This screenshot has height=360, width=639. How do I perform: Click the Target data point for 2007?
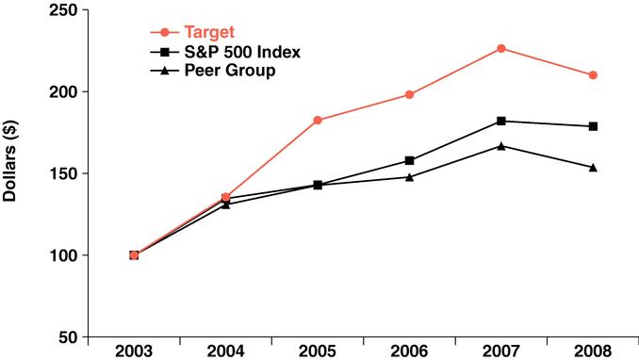pos(501,48)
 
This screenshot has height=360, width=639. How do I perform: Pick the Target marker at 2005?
pos(318,120)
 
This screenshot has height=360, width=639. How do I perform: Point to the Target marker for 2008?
pos(593,75)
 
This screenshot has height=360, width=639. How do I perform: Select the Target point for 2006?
pos(409,94)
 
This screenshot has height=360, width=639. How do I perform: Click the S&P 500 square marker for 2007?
pos(501,121)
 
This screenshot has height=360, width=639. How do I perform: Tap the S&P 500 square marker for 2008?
pos(593,126)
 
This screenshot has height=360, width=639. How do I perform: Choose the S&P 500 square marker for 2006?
pos(409,160)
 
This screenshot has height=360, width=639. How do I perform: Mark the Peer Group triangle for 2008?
pos(593,167)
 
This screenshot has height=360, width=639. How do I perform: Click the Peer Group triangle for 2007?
pos(501,145)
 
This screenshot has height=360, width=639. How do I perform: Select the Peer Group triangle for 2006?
pos(409,176)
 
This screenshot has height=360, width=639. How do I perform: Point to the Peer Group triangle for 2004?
pos(225,204)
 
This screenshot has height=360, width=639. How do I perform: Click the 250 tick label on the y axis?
pos(65,10)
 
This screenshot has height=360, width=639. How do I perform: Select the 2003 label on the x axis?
pos(134,352)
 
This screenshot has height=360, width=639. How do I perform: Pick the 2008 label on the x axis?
pos(593,352)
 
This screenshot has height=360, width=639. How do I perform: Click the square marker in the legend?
pos(161,52)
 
